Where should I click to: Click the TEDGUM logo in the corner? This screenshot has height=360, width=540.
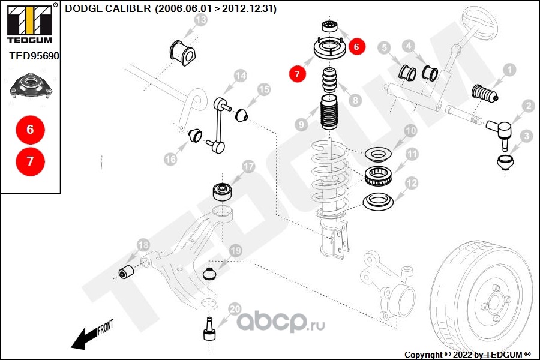(30, 23)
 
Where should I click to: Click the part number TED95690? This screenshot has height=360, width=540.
(34, 56)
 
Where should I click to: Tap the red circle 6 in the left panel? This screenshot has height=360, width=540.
(31, 130)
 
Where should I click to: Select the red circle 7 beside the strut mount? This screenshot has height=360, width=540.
(297, 74)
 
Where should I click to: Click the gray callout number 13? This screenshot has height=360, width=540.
(201, 20)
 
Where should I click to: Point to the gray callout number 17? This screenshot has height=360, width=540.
(248, 166)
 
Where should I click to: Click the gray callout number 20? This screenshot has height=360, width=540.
(235, 309)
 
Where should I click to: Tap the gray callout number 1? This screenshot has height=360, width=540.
(509, 70)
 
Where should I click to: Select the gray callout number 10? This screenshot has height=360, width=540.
(410, 131)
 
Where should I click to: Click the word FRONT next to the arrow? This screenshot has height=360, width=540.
(106, 328)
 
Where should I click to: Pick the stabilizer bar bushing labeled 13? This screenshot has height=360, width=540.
(182, 53)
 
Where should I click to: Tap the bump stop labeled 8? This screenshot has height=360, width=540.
(329, 80)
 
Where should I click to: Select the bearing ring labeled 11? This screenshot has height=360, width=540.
(378, 176)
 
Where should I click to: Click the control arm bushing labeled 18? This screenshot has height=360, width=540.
(126, 272)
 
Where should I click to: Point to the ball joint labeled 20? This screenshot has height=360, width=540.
(209, 329)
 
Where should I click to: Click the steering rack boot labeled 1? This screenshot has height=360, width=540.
(485, 94)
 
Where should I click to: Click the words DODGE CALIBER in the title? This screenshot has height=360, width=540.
(108, 8)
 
